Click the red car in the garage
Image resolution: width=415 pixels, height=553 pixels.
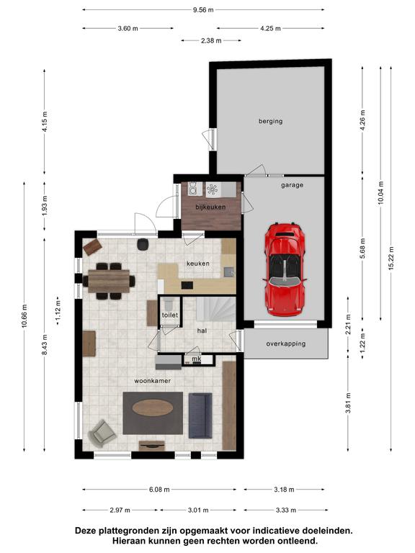pyautogui.click(x=285, y=269)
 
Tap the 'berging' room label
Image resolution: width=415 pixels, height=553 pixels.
pyautogui.click(x=271, y=121)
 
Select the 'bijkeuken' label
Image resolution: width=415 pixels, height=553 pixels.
pyautogui.click(x=210, y=207)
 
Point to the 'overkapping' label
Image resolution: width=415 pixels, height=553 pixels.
pyautogui.click(x=286, y=343)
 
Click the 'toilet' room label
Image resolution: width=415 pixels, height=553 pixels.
pyautogui.click(x=170, y=315)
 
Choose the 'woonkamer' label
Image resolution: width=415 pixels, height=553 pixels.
pyautogui.click(x=153, y=381)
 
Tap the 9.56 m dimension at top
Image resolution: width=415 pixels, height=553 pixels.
pyautogui.click(x=203, y=10)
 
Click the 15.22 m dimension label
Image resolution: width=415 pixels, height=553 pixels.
pyautogui.click(x=391, y=258)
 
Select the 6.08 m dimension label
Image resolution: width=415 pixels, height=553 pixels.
pyautogui.click(x=159, y=490)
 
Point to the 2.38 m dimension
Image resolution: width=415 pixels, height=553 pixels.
pyautogui.click(x=211, y=40)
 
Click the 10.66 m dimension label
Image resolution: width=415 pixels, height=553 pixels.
pyautogui.click(x=24, y=315)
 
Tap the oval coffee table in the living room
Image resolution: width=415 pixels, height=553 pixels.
pyautogui.click(x=153, y=408)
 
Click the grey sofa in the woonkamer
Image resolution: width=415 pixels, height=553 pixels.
pyautogui.click(x=200, y=415)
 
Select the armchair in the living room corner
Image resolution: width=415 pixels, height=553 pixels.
pyautogui.click(x=102, y=433)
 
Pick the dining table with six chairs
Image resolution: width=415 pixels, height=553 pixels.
pyautogui.click(x=109, y=281)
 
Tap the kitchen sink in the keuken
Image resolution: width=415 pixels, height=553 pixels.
pyautogui.click(x=228, y=271)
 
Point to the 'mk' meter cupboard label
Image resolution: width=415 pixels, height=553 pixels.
pyautogui.click(x=197, y=359)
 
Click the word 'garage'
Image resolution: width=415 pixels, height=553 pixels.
pyautogui.click(x=293, y=185)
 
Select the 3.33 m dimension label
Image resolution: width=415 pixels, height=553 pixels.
pyautogui.click(x=286, y=510)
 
